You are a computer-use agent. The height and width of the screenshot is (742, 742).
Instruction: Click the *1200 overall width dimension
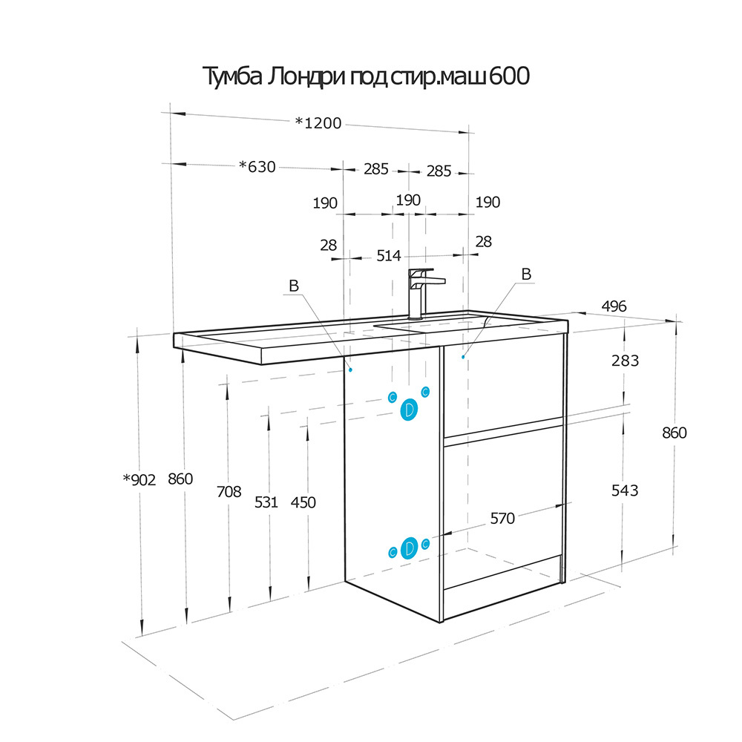click(x=318, y=123)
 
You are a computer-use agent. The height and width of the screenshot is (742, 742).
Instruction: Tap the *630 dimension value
click(x=257, y=166)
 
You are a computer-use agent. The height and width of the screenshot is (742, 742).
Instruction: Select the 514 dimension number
click(x=389, y=256)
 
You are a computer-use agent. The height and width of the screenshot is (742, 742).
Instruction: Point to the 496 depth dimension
click(x=614, y=306)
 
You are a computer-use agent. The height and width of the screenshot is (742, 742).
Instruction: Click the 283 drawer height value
click(x=625, y=361)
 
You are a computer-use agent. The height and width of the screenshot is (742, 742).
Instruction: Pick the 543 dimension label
click(x=625, y=490)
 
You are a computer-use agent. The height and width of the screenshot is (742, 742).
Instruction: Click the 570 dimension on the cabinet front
click(x=502, y=519)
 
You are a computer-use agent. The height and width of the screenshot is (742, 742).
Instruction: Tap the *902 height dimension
click(x=139, y=480)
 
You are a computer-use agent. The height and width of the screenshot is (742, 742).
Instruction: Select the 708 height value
click(x=229, y=492)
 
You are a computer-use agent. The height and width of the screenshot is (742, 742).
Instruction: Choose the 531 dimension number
click(x=266, y=502)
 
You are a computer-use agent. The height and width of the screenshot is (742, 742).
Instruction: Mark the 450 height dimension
click(x=303, y=502)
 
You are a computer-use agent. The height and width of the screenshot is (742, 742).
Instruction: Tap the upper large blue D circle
click(x=409, y=410)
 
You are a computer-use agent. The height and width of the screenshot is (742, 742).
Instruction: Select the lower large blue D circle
click(x=409, y=548)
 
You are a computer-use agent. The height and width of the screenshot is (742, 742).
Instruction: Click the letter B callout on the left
click(x=294, y=286)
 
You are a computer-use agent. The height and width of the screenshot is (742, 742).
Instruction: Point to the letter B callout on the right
click(x=526, y=274)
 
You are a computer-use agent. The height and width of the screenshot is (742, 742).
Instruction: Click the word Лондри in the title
click(x=306, y=76)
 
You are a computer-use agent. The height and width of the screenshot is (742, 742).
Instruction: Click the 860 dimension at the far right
click(x=674, y=433)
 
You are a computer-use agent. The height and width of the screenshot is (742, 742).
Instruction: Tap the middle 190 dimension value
click(x=408, y=200)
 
